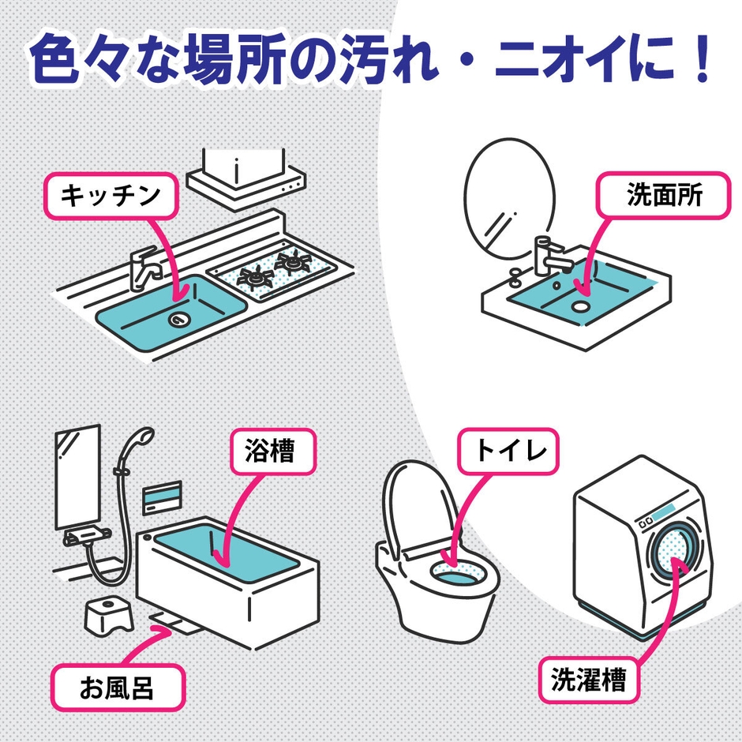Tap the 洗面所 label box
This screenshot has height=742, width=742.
pos(664,197)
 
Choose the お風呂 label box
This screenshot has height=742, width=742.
pos(118,688)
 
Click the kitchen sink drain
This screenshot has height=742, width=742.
pos(179,319)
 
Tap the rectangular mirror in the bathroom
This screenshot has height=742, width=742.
pos(77,478)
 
